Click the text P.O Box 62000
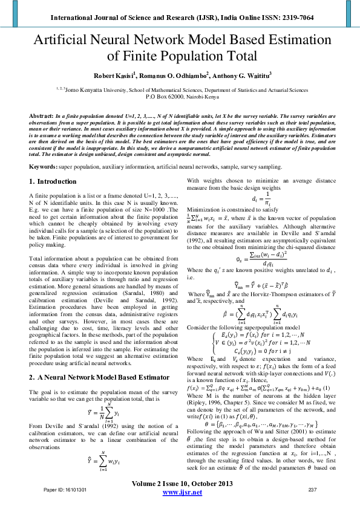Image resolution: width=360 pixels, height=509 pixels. (163, 96)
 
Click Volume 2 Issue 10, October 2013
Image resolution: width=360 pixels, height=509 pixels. (180, 485)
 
